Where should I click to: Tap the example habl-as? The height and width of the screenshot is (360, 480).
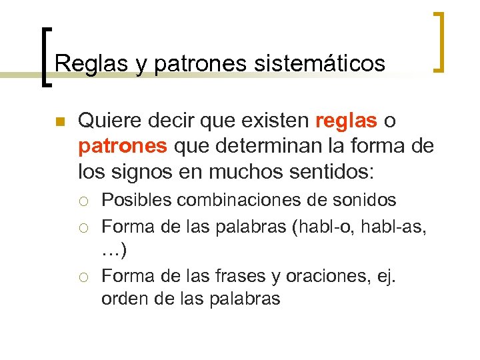click(x=397, y=226)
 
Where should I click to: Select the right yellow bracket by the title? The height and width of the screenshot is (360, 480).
click(x=439, y=41)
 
